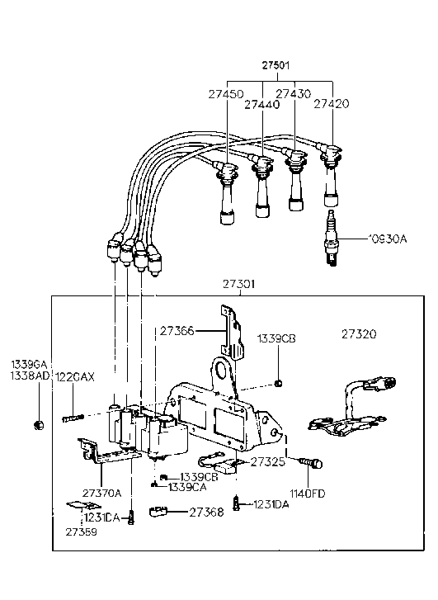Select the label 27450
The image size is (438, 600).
[x=223, y=95]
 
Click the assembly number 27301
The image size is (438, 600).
[x=238, y=284]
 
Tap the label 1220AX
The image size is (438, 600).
[x=78, y=376]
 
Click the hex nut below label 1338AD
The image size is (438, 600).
[x=38, y=425]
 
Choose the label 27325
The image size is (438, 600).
[x=268, y=462]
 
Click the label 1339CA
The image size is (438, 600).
[x=186, y=488]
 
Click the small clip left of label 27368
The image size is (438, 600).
[x=161, y=514]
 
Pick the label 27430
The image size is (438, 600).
[x=293, y=95]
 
